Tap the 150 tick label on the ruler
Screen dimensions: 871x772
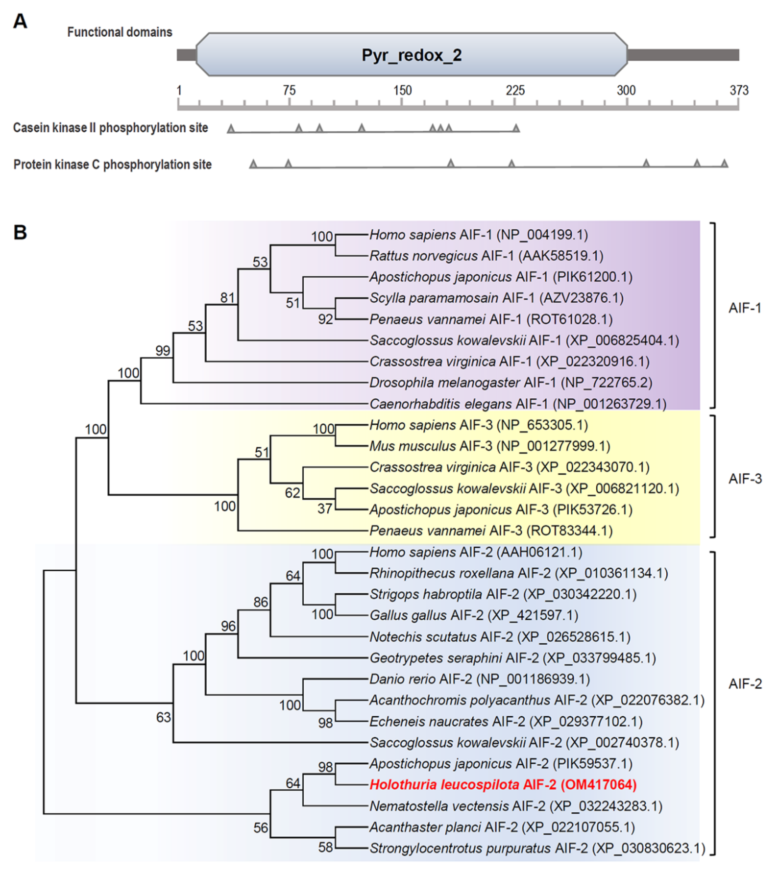pos(402,90)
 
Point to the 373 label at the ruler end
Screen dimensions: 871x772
pos(739,90)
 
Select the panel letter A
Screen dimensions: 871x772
pos(20,21)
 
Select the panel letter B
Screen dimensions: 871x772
pos(20,232)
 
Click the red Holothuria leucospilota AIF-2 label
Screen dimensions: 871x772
pos(503,785)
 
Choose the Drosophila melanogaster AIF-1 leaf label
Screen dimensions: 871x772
pos(511,383)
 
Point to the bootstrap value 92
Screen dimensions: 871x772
pos(325,319)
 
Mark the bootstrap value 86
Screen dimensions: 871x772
pos(260,602)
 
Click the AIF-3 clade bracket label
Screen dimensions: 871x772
pos(745,479)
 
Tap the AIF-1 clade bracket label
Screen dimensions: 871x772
pos(745,308)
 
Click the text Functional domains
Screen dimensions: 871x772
pos(120,32)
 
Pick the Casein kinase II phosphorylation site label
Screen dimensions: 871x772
pos(110,128)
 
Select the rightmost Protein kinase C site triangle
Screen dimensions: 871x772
pos(724,163)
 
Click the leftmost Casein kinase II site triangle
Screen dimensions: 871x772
pos(231,128)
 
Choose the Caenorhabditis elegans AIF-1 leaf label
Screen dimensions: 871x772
pos(517,404)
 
